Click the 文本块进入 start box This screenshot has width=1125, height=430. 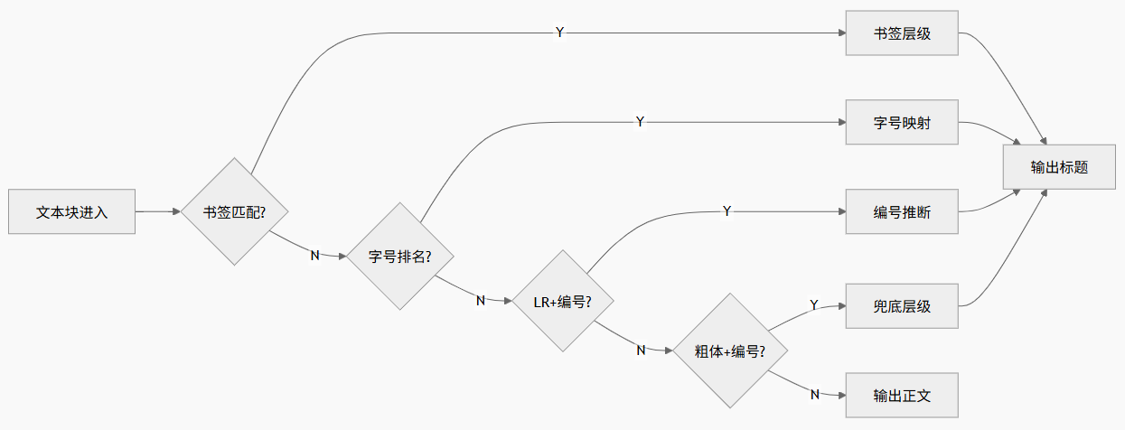[71, 212]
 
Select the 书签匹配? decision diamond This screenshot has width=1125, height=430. [234, 212]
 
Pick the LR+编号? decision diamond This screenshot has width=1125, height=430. [563, 302]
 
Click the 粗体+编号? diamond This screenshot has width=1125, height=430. [730, 351]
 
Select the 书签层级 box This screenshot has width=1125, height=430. [901, 33]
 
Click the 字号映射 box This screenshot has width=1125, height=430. [901, 123]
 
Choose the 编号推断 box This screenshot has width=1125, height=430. [901, 212]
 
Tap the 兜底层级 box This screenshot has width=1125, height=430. [901, 306]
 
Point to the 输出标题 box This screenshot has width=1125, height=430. [1059, 167]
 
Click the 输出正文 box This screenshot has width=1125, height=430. [901, 395]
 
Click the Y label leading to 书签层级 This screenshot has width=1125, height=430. [559, 33]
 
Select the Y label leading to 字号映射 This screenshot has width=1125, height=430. [640, 121]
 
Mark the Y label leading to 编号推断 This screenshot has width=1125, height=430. [727, 210]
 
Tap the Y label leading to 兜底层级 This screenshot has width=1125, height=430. [813, 305]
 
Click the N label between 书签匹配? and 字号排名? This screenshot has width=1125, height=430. [314, 255]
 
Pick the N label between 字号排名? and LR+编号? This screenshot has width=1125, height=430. [481, 300]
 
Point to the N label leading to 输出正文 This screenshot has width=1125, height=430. [814, 394]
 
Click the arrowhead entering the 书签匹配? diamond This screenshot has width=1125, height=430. [176, 212]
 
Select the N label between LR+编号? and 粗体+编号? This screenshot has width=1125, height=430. [641, 350]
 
